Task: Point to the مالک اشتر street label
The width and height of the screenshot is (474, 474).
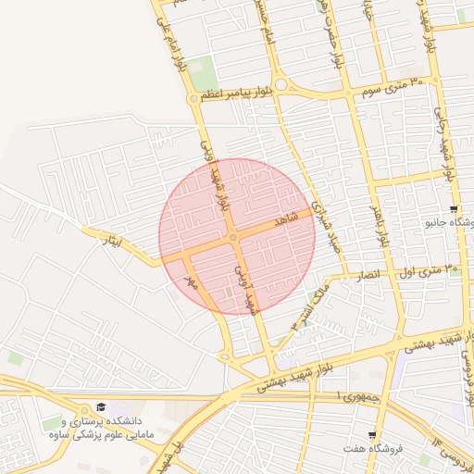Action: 310,309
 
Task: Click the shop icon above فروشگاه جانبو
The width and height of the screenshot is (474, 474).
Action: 453,209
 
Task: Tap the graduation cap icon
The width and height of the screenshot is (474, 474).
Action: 101,407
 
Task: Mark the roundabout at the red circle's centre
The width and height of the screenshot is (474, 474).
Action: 235,238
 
